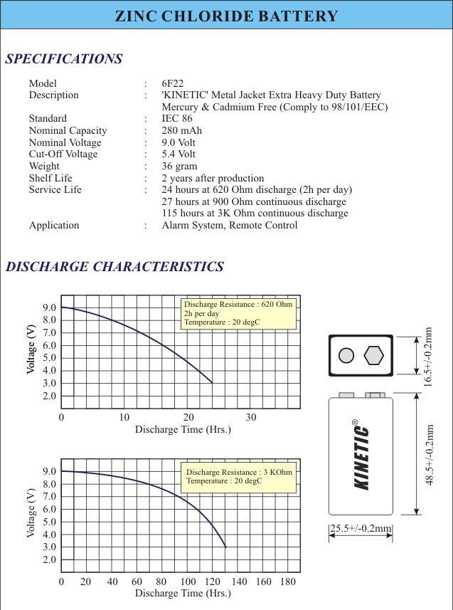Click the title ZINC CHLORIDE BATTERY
(x=226, y=16)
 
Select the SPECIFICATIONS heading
(x=64, y=59)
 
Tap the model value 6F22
(x=174, y=83)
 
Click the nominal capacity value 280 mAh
(x=182, y=130)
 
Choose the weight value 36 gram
(x=180, y=166)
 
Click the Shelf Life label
(x=50, y=178)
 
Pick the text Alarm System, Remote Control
(x=230, y=225)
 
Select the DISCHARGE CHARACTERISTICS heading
(x=114, y=267)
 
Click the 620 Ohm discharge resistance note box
(x=238, y=313)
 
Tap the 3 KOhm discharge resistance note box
(x=240, y=477)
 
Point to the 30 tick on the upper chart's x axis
(x=251, y=417)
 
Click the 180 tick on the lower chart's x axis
(x=288, y=582)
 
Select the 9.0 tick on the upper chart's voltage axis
(x=50, y=307)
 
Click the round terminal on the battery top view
(x=347, y=355)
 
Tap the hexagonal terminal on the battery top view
(x=374, y=355)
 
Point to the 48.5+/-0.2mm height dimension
(x=430, y=455)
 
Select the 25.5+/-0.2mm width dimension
(x=361, y=528)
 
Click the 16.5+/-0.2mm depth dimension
(x=428, y=356)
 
